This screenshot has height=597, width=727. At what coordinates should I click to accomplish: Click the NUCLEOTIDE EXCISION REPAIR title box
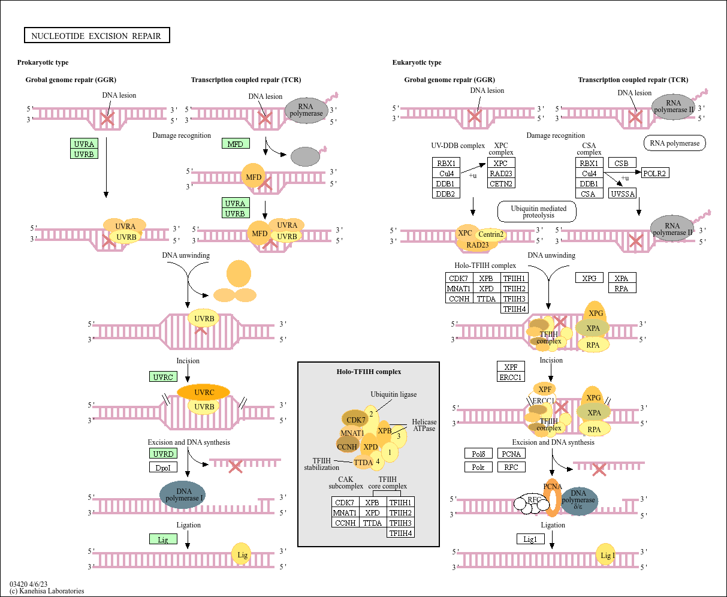pos(96,36)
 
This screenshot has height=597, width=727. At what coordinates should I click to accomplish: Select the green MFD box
pos(236,144)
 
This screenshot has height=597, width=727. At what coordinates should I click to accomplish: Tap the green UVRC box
pos(163,377)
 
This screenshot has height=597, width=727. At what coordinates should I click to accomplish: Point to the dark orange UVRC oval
pos(204,393)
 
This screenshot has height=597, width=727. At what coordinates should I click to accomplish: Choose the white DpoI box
pos(163,468)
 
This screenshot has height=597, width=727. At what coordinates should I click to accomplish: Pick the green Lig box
pos(163,539)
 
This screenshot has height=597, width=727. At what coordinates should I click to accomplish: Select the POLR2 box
pos(654,173)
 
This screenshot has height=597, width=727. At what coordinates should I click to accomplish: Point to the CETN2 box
pos(501,183)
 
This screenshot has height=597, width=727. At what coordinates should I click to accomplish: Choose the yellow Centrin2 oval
pos(491,234)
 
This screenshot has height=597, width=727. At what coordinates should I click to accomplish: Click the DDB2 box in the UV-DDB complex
pos(445,194)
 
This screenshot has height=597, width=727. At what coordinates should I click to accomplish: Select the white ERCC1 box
pos(511,377)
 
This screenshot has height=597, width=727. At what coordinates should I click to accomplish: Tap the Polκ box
pos(478,467)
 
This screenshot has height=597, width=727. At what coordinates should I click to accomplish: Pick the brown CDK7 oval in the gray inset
pos(355,420)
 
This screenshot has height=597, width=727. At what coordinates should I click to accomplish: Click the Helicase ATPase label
pos(424,425)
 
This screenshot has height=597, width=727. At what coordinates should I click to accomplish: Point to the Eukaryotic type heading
pos(417,62)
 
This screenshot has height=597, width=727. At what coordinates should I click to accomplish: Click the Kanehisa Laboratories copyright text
pos(47,591)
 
